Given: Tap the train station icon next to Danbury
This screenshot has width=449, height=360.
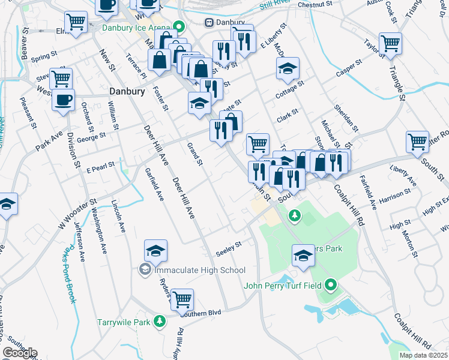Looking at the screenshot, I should (209, 23).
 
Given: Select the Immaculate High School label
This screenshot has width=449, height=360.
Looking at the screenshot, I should (192, 270).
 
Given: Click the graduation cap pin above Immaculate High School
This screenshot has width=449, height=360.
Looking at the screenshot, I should (155, 251).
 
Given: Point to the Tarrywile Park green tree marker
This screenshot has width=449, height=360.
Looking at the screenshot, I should (159, 322).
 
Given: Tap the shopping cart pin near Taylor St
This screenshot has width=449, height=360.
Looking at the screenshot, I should (390, 44).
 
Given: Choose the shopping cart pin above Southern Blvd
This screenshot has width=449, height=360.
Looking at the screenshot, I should (182, 299).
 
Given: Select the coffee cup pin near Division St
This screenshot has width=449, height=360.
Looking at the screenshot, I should (63, 100).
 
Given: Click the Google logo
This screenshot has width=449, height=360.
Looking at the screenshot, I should (20, 353).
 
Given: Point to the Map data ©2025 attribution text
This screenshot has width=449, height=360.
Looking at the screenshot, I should (423, 355).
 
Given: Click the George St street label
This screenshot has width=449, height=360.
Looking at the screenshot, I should (91, 137).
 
